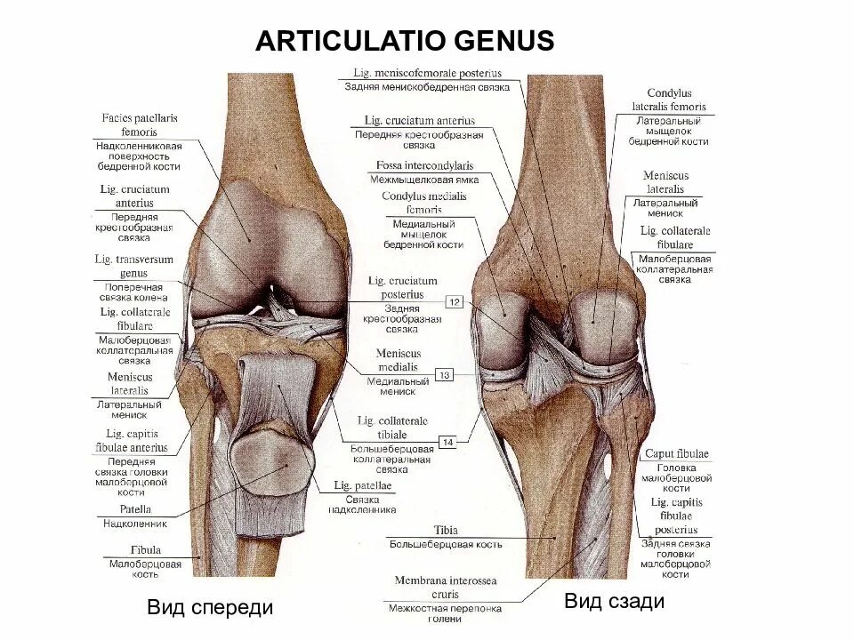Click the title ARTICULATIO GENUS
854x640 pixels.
tap(405, 41)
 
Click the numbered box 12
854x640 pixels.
tap(455, 302)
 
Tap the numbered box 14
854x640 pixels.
tap(448, 441)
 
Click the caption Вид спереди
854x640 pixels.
tap(210, 608)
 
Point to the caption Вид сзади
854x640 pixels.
tap(614, 602)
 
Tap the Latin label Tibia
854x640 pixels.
tap(446, 530)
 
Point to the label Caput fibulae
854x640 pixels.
tap(677, 454)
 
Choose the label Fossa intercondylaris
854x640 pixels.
tap(424, 165)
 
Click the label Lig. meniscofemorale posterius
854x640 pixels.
tap(427, 73)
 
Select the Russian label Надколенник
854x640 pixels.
tap(134, 524)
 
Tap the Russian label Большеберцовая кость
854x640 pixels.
tap(445, 544)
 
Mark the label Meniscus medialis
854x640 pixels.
tap(398, 360)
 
